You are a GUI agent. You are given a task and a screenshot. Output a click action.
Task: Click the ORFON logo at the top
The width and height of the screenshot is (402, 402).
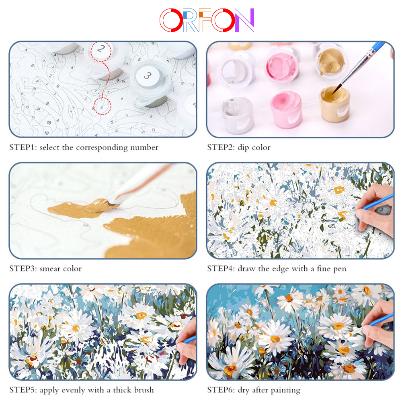207,20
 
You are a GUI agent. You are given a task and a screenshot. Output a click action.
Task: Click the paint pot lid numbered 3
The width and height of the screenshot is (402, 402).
148,76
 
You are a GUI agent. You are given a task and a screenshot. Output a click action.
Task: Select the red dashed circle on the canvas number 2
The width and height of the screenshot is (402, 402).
102,107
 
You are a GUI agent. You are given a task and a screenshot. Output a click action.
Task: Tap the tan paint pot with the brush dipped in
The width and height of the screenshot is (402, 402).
334,104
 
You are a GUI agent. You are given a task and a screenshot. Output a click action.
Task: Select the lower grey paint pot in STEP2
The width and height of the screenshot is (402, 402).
236,114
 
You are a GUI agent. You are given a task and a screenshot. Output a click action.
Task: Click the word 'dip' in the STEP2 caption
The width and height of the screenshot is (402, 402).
244,148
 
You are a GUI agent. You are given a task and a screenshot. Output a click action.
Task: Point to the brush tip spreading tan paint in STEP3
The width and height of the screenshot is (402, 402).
110,203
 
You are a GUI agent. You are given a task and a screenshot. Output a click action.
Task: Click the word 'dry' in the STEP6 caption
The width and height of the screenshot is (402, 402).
244,390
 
